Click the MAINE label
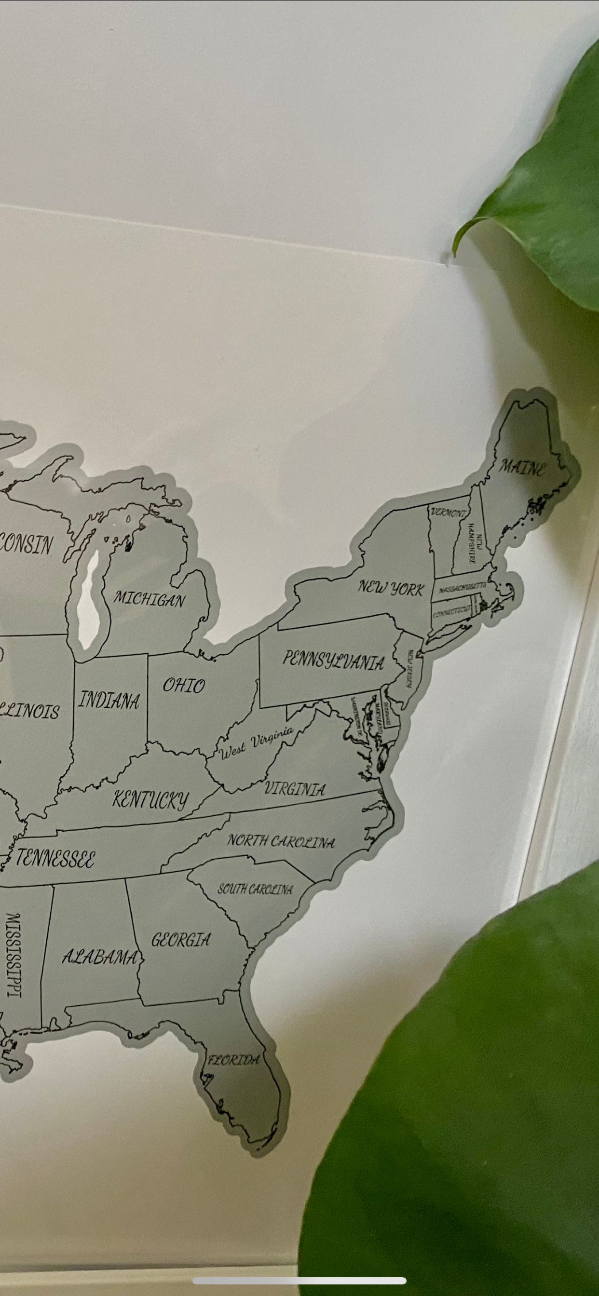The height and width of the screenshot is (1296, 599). [521, 468]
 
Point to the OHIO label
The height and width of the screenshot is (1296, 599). [184, 685]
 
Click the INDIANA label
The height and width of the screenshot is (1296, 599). [109, 701]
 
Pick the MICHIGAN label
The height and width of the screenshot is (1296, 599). [149, 599]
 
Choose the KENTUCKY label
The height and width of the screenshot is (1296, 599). [150, 799]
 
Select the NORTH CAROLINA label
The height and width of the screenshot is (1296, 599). [280, 841]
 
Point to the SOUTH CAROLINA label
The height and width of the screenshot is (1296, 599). [255, 890]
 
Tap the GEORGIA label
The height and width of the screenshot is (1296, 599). [181, 939]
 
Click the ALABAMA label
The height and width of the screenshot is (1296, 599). [100, 957]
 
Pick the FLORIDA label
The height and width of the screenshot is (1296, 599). [234, 1060]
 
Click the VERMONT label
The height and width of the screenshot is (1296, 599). [448, 513]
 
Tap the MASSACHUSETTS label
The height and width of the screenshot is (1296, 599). [462, 587]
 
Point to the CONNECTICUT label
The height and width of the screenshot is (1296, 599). [452, 611]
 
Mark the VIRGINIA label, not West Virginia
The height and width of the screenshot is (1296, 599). [295, 789]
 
